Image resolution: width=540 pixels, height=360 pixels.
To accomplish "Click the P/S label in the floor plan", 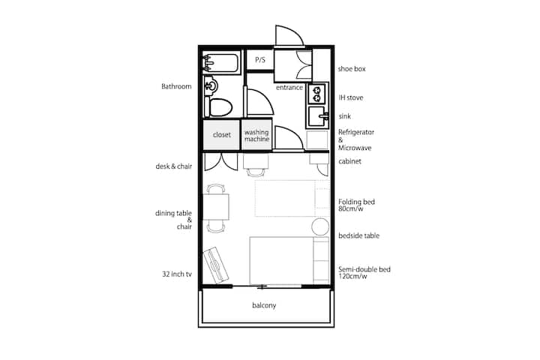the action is coord(260,60).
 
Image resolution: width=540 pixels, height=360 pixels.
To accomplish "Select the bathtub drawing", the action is coord(221,62).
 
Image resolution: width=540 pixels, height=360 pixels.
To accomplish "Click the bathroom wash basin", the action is coord(211,85).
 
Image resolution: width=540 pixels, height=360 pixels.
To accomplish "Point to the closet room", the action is coord(221,135).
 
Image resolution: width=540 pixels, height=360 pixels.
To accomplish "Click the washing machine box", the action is coord(257,135).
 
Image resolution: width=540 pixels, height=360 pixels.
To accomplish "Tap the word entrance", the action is coord(289,88).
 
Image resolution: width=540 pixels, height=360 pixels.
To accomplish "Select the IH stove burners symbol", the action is coord(316,94).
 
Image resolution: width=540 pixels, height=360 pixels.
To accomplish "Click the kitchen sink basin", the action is coord(317,116).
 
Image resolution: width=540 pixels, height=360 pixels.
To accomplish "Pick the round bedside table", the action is coord(320,226).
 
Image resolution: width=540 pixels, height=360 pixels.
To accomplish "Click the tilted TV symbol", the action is coord(216,265).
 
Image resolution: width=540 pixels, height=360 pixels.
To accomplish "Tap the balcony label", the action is coord(264,305).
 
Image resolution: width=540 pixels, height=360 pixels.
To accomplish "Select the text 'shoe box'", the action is coord(352,69).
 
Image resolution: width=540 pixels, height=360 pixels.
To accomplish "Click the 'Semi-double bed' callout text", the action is coord(364,269).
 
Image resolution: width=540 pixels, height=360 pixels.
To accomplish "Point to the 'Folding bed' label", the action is coord(356,202).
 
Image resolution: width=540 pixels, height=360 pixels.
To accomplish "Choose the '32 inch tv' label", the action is coord(177,274).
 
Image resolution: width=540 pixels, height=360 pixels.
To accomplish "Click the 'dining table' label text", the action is coord(173,213).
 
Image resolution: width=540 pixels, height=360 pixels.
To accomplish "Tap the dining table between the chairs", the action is coord(216,207).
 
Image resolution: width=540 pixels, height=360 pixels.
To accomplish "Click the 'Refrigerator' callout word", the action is coord(356,132).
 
